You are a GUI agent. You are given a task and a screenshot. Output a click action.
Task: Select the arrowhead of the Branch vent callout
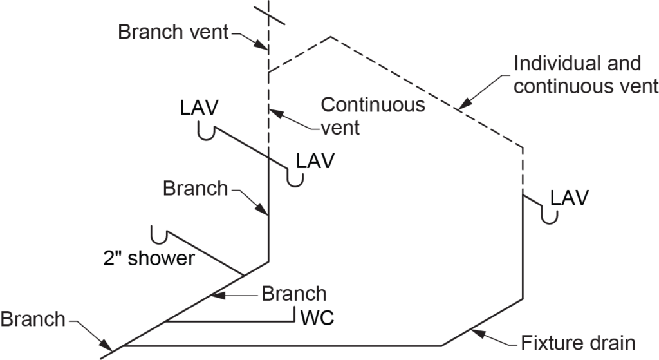point(263,47)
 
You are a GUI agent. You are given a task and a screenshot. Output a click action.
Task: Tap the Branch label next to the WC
point(293,294)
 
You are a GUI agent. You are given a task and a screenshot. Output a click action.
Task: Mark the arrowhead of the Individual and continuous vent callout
point(463,107)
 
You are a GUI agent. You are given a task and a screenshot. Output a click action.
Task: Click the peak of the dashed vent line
point(331,37)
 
